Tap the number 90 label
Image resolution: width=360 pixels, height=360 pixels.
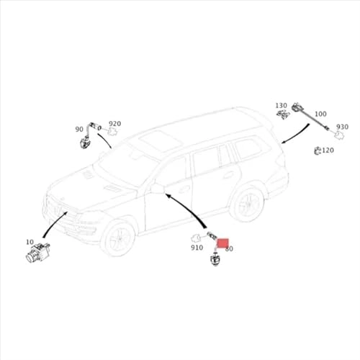[x=79, y=130]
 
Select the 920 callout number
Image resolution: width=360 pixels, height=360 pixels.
[x=115, y=124]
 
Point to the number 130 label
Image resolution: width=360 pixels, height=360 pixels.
[x=281, y=105]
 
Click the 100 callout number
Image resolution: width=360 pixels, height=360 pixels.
[x=320, y=114]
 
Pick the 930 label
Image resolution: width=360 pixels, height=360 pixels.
[x=342, y=127]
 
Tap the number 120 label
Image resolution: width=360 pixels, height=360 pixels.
[x=328, y=150]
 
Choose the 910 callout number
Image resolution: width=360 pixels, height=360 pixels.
[x=197, y=247]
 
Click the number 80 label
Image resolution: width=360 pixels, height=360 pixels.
[x=229, y=248]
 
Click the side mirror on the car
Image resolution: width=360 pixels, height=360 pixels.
[x=156, y=189]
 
